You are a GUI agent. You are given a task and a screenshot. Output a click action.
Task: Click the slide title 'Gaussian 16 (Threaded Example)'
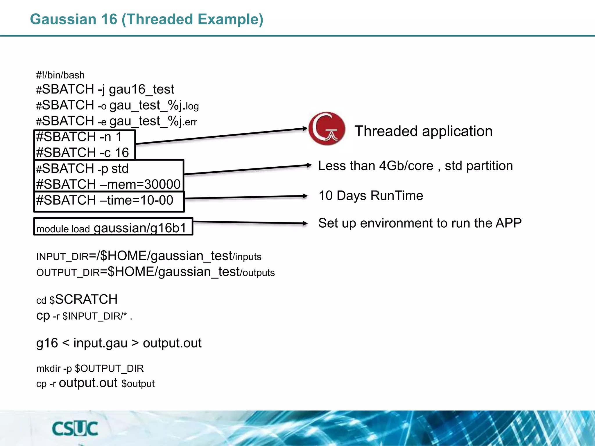(x=147, y=19)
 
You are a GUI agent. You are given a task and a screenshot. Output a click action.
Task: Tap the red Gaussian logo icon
(x=327, y=128)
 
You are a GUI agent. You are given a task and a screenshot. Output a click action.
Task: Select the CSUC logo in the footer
(x=75, y=429)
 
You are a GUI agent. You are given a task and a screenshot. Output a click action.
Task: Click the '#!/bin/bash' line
(x=60, y=75)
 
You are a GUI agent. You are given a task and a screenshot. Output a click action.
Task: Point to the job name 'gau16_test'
(x=141, y=89)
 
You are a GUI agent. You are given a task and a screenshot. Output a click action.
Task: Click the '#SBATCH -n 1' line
(x=79, y=137)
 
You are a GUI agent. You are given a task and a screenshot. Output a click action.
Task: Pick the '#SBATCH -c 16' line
(x=82, y=152)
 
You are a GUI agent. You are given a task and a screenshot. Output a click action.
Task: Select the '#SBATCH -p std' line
(x=82, y=168)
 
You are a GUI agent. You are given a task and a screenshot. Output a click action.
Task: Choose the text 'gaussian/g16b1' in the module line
(x=140, y=228)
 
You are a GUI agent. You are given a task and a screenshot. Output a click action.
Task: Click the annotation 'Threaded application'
(x=423, y=131)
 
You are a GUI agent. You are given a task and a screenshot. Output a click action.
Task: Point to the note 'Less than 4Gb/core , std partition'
(x=415, y=166)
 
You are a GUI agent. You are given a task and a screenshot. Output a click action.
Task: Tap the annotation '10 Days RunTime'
(x=371, y=195)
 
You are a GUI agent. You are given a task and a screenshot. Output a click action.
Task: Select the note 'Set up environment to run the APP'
(x=420, y=223)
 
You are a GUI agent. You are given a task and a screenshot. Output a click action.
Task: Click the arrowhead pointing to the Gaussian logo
(x=305, y=128)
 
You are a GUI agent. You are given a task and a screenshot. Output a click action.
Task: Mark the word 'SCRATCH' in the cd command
(x=86, y=299)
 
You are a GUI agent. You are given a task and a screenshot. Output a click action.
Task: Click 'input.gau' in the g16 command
(x=100, y=343)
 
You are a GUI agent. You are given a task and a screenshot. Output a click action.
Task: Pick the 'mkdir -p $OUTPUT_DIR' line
(x=90, y=368)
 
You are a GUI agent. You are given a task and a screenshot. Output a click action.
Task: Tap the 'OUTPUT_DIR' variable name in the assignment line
(x=68, y=273)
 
